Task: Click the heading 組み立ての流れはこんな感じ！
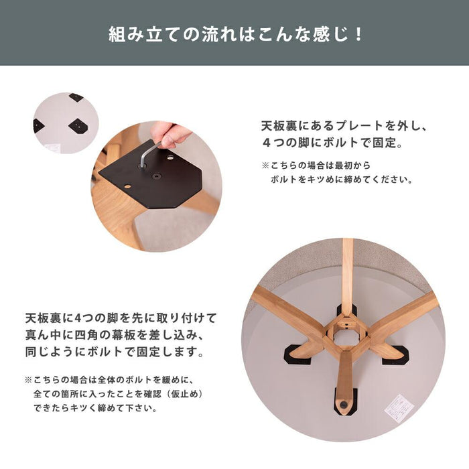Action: pyautogui.click(x=236, y=34)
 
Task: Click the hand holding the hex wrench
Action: pyautogui.click(x=170, y=135)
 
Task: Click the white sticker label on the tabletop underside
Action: pyautogui.click(x=399, y=406)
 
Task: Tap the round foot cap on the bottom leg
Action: pyautogui.click(x=343, y=405)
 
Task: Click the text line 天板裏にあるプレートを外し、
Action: pyautogui.click(x=344, y=126)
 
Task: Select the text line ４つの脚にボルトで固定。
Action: pyautogui.click(x=332, y=143)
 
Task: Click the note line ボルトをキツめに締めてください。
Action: pyautogui.click(x=342, y=180)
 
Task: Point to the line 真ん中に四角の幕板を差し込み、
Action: pyautogui.click(x=115, y=335)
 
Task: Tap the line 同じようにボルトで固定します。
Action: pyautogui.click(x=115, y=352)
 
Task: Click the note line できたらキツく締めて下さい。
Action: pyautogui.click(x=95, y=408)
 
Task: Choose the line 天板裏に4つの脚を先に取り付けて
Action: pyautogui.click(x=121, y=318)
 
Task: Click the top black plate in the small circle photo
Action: pyautogui.click(x=76, y=97)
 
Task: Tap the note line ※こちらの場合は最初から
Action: pyautogui.click(x=316, y=165)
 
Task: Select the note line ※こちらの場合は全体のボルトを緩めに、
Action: pyautogui.click(x=110, y=380)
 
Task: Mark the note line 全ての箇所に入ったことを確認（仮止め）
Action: pyautogui.click(x=119, y=394)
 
